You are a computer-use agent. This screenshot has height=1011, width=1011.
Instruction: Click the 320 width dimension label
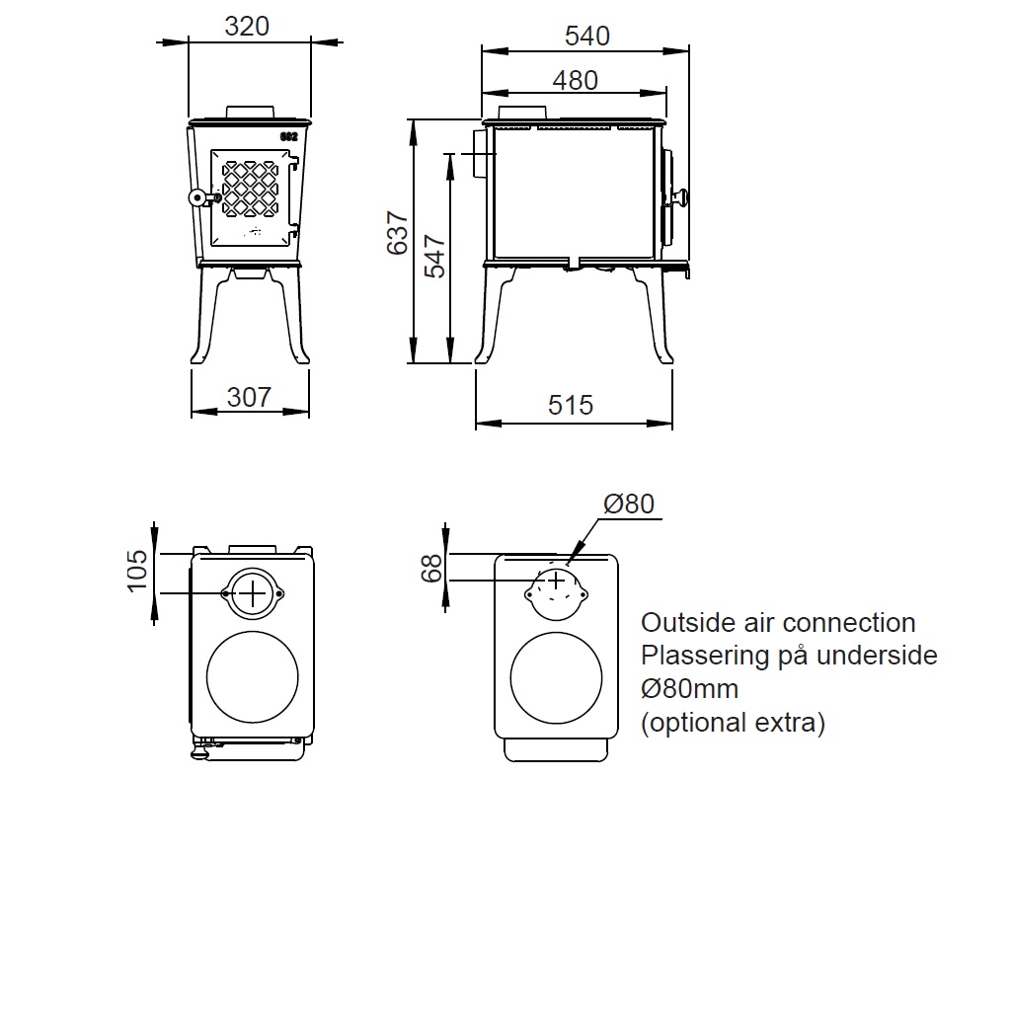click(x=247, y=27)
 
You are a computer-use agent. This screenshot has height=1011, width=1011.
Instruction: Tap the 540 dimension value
click(x=587, y=37)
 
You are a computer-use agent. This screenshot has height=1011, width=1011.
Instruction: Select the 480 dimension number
click(x=575, y=80)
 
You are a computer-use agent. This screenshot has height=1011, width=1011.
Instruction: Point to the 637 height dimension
click(x=397, y=233)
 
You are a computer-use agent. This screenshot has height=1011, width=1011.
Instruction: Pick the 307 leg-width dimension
click(x=249, y=397)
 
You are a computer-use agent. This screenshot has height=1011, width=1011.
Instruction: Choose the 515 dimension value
click(x=571, y=405)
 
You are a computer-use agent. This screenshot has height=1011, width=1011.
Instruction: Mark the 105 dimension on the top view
click(x=137, y=570)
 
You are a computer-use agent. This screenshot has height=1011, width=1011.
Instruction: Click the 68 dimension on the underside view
click(x=431, y=569)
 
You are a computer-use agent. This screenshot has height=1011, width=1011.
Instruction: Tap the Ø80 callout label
click(x=629, y=504)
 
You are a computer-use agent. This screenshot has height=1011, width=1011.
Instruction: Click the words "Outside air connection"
click(x=778, y=623)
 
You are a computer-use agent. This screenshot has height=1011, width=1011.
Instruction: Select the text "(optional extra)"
click(x=733, y=723)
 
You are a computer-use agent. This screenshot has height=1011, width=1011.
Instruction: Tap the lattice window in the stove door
click(x=250, y=188)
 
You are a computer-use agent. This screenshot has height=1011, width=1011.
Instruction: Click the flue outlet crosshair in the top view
click(x=254, y=592)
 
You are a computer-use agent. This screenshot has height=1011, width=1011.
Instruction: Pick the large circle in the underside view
click(x=556, y=677)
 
